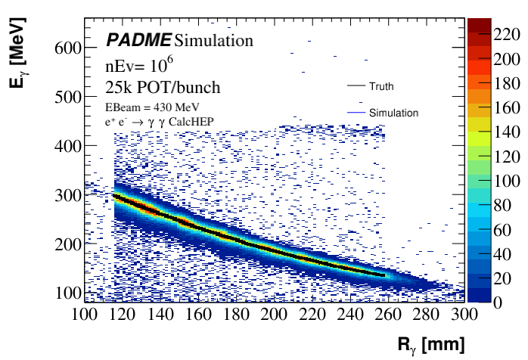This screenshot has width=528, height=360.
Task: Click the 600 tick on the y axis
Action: pos(67,48)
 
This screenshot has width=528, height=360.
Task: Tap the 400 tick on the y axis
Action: pos(67,146)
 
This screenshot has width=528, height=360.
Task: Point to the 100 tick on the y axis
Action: pos(67,293)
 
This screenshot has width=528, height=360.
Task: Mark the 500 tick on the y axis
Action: pos(67,97)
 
